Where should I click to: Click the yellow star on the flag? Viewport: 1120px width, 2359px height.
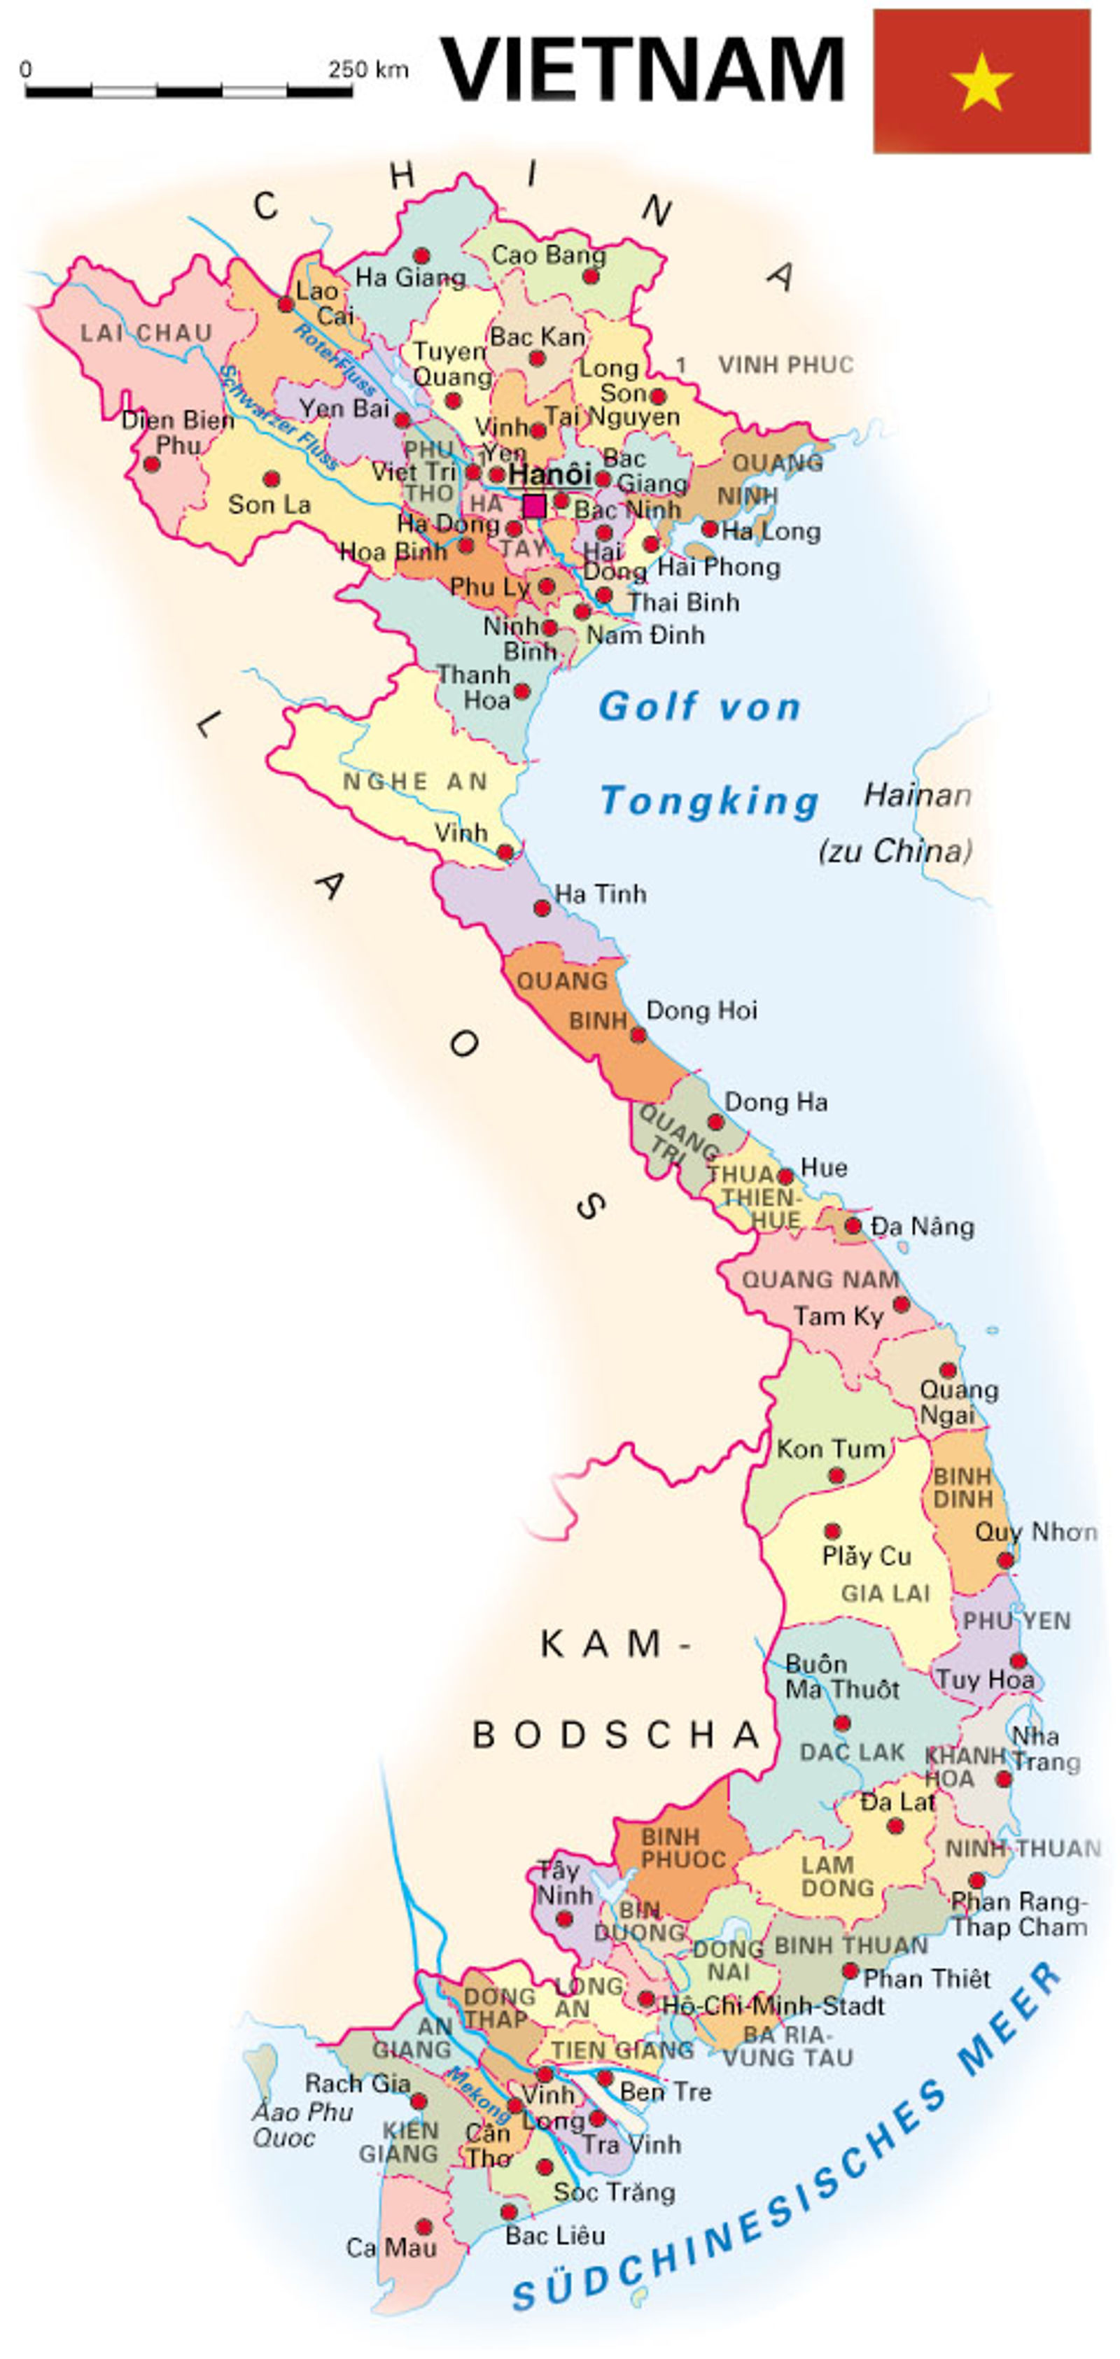(981, 81)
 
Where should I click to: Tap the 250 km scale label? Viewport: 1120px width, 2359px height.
(368, 69)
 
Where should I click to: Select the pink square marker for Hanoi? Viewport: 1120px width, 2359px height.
(534, 505)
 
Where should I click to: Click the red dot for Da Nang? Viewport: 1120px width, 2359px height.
(853, 1225)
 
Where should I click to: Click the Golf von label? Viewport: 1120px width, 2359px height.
(701, 707)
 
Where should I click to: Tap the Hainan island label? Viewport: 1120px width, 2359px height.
(917, 795)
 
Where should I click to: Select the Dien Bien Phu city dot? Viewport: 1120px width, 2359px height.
(152, 464)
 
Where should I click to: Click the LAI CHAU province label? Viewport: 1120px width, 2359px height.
(146, 333)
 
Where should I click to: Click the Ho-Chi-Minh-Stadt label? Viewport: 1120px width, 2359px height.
(773, 2006)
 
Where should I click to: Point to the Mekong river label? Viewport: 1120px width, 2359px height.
(477, 2094)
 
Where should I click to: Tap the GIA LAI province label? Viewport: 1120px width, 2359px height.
(885, 1593)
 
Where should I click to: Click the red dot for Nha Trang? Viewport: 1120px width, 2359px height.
(1004, 1778)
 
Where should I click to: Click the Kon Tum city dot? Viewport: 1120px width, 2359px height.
(835, 1475)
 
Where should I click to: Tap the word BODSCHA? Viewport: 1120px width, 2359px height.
(615, 1735)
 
